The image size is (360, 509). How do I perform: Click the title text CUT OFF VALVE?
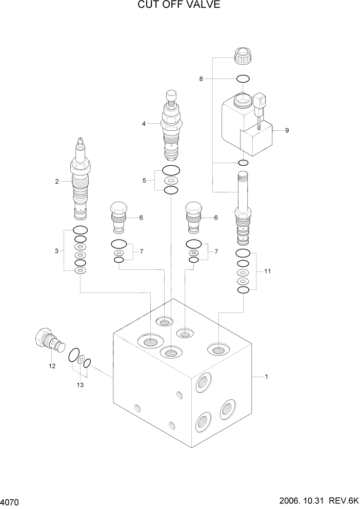[179, 6]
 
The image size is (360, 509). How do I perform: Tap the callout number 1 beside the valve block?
[266, 377]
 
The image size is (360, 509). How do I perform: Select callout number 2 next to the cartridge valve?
[57, 181]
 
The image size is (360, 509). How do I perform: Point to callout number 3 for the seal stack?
[144, 124]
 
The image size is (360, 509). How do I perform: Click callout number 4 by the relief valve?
[144, 180]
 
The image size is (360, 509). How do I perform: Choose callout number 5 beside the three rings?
[201, 79]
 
